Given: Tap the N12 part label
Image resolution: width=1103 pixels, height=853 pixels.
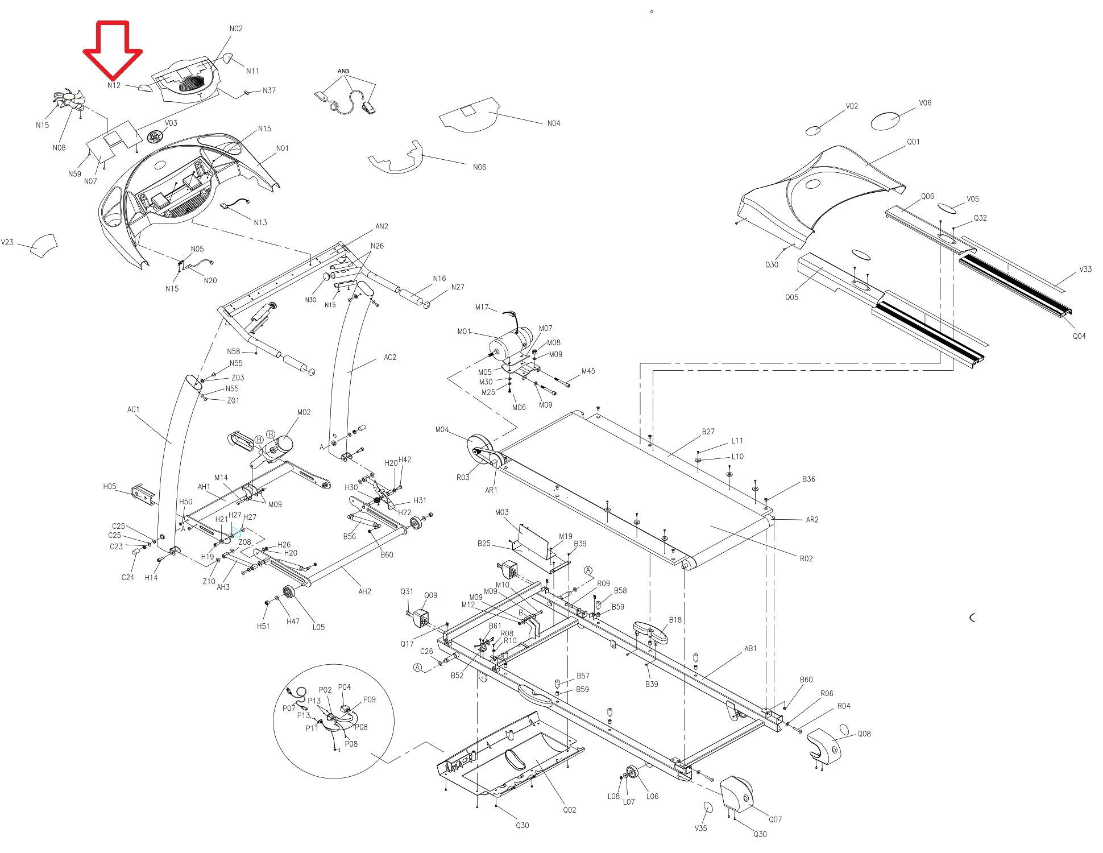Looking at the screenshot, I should (x=114, y=85).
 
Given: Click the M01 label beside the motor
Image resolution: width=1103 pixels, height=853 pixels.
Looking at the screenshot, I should (x=464, y=332).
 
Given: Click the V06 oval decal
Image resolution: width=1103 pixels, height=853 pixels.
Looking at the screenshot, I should (x=886, y=121).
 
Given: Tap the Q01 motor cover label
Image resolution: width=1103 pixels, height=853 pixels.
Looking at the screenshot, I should (x=913, y=142).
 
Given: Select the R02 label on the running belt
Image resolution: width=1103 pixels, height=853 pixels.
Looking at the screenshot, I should (x=806, y=558).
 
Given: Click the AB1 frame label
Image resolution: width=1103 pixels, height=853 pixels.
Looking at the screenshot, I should (x=750, y=648).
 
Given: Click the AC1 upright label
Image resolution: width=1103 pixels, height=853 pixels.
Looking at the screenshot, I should (x=133, y=409).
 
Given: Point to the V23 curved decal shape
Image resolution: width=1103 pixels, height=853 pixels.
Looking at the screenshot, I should (x=44, y=246).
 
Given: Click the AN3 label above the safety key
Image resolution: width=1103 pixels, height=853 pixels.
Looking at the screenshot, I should (x=343, y=72).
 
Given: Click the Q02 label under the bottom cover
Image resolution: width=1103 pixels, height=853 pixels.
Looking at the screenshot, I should (x=570, y=810).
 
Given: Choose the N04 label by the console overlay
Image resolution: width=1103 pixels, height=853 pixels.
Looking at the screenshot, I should (x=553, y=123).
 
